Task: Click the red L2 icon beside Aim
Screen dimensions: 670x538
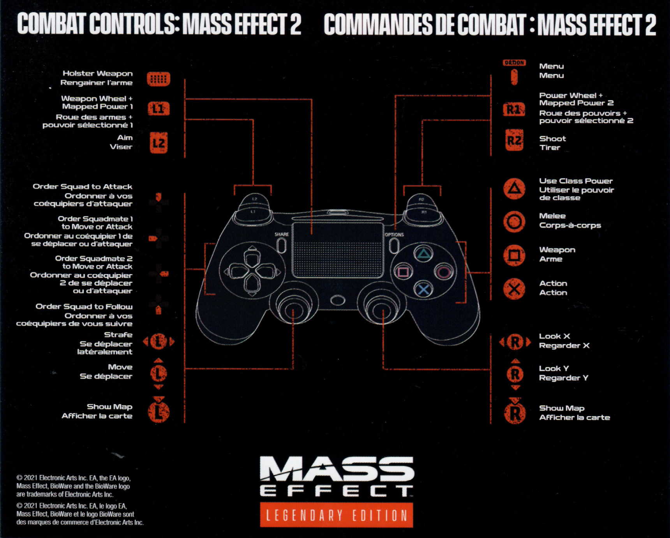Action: point(159,143)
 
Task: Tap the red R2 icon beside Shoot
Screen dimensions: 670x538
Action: point(514,140)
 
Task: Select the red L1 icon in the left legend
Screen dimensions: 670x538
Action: point(159,108)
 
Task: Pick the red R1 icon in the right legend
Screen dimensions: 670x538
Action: point(514,110)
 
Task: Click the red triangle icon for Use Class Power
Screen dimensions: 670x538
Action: point(514,188)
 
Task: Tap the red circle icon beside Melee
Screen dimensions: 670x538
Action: point(514,222)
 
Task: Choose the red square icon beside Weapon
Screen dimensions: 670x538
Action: point(514,255)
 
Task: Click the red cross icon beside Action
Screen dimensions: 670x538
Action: point(514,289)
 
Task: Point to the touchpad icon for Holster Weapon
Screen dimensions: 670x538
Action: point(159,79)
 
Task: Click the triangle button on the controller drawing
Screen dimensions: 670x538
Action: point(423,254)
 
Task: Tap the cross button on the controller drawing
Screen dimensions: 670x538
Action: point(423,289)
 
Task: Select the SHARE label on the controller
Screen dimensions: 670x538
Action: point(282,234)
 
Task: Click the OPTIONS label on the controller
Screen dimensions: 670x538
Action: point(394,235)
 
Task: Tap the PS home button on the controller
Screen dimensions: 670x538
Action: point(337,300)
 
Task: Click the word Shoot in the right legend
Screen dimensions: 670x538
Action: point(552,139)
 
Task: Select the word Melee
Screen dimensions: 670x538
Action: point(552,216)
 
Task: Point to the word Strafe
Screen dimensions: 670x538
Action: point(118,334)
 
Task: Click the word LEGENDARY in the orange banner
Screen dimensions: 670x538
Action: point(305,515)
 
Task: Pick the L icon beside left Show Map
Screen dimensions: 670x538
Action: point(159,410)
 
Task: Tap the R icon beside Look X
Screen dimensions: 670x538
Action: point(515,342)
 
